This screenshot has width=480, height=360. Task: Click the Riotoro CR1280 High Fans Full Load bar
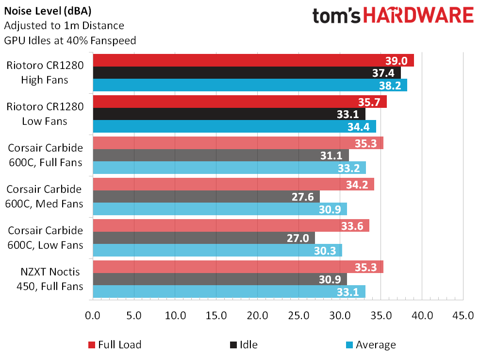click(x=252, y=60)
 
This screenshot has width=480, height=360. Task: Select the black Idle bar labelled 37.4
click(x=247, y=73)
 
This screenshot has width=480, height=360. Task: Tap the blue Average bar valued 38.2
click(x=249, y=85)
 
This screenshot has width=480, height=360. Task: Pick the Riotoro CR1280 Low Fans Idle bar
click(x=229, y=114)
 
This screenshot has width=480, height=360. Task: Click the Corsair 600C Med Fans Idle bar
click(x=206, y=197)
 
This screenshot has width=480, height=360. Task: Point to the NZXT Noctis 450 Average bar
click(x=229, y=291)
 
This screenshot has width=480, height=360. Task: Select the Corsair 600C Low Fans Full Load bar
click(x=231, y=225)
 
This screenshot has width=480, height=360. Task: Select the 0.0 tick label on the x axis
click(x=92, y=315)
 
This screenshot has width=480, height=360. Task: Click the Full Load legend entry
click(x=115, y=345)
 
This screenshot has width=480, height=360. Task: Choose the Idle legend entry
click(x=243, y=345)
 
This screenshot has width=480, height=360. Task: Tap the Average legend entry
click(x=370, y=345)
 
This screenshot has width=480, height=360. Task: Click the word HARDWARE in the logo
click(x=418, y=16)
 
